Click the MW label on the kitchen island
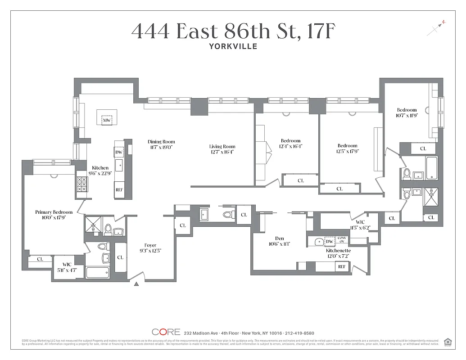point(107,121)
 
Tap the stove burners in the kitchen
point(82,184)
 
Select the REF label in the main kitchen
point(119,190)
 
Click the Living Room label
point(222,146)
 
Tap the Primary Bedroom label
point(54,212)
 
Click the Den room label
point(279,238)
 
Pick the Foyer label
point(150,245)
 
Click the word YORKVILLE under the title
point(233,46)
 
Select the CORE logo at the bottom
point(166,332)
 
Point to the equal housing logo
point(448,342)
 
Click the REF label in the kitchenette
point(342,267)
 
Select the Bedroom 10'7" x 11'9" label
point(407,112)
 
